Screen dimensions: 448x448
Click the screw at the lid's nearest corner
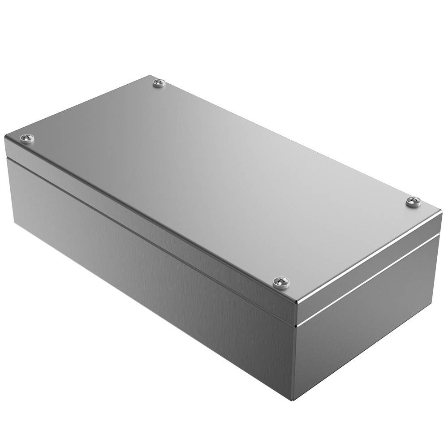[281, 282]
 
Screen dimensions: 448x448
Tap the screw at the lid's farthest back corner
[159, 82]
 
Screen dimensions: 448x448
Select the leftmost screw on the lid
[27, 138]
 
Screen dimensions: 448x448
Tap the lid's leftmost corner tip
[4, 136]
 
